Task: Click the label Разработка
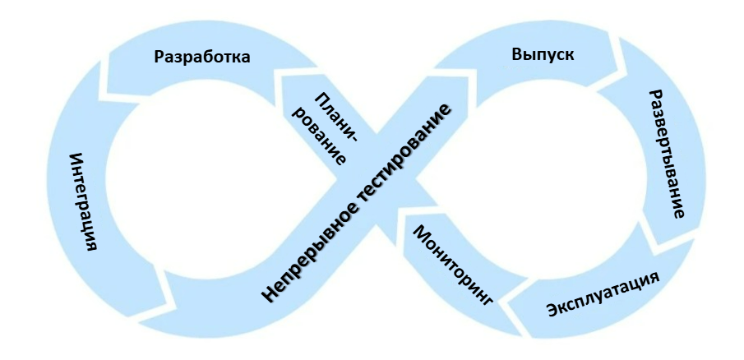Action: click(x=201, y=58)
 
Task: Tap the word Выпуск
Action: click(x=543, y=55)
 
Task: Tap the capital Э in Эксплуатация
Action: click(x=552, y=312)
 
